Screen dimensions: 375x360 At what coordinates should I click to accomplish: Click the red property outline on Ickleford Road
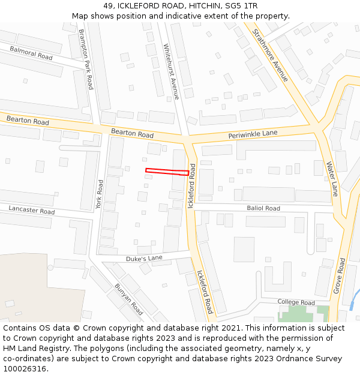pyautogui.click(x=167, y=172)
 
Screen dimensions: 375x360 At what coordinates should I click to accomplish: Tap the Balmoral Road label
pyautogui.click(x=31, y=53)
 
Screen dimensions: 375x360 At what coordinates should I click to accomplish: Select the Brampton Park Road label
pyautogui.click(x=86, y=59)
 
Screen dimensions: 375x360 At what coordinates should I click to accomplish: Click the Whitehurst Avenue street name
pyautogui.click(x=171, y=71)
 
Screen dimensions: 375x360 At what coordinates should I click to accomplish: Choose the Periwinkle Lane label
pyautogui.click(x=253, y=134)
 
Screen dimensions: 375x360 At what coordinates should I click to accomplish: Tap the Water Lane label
pyautogui.click(x=332, y=178)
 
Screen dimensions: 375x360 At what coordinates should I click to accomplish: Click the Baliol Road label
pyautogui.click(x=263, y=208)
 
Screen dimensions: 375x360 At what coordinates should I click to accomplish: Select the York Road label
pyautogui.click(x=100, y=194)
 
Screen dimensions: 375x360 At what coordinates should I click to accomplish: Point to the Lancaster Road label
pyautogui.click(x=31, y=210)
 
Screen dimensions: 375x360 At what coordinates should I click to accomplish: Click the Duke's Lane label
pyautogui.click(x=144, y=258)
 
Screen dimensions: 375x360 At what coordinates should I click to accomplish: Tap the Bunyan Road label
pyautogui.click(x=129, y=299)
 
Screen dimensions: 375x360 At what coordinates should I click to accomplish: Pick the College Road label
pyautogui.click(x=296, y=302)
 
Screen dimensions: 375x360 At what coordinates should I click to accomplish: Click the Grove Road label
pyautogui.click(x=340, y=276)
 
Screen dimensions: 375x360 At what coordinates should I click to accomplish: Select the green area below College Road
pyautogui.click(x=303, y=314)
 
